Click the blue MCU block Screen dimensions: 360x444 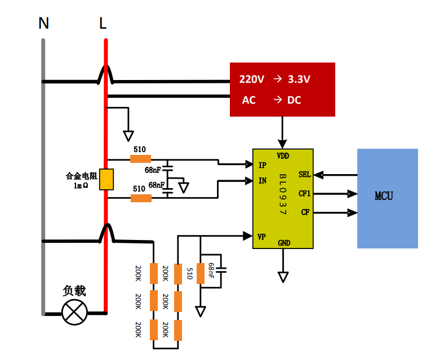point(387,198)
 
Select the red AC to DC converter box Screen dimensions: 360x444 point(282,90)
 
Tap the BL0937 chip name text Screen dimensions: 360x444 point(282,195)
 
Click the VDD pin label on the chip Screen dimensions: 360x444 point(283,155)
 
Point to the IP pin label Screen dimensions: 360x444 point(262,165)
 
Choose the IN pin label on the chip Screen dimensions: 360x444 point(263,181)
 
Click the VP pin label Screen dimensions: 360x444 point(262,235)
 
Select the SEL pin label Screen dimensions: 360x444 point(304,175)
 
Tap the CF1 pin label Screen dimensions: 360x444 point(304,194)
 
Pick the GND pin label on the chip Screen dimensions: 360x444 point(283,243)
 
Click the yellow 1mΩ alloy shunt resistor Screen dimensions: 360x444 point(106,179)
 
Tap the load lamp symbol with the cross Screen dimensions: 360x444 point(74,312)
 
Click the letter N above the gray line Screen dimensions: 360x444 point(43,24)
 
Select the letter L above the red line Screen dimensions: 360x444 point(103,24)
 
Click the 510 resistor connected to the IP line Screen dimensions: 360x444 point(140,159)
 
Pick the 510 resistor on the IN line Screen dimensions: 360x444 point(141,198)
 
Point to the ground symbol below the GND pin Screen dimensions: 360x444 point(283,277)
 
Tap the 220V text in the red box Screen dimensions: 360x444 point(251,79)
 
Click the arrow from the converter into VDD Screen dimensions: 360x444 point(283,132)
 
